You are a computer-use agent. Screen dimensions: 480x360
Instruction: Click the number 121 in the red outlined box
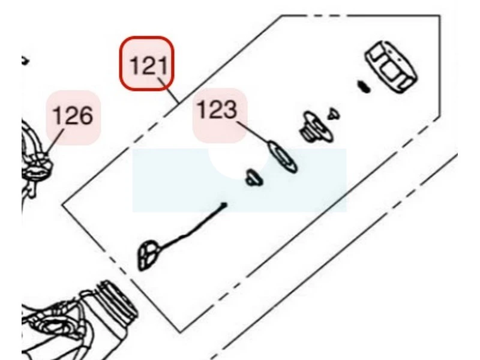[149, 65]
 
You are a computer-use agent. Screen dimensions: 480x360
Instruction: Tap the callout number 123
[217, 110]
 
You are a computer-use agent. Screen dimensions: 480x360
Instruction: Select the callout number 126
[73, 115]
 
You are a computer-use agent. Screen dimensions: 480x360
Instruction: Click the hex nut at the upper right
[391, 67]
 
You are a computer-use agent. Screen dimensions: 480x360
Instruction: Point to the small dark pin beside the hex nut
[364, 86]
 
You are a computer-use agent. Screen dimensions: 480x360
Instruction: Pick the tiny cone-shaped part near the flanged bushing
[334, 114]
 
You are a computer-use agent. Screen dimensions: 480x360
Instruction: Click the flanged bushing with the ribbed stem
[316, 127]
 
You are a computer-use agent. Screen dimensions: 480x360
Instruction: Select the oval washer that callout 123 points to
[282, 157]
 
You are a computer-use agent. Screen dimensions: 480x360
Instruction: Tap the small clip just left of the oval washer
[254, 178]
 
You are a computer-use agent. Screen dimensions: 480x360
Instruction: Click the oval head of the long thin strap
[148, 256]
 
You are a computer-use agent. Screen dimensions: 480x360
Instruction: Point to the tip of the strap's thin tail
[225, 204]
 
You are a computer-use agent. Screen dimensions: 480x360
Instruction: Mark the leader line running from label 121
[169, 91]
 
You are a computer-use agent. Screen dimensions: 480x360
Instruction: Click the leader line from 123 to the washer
[253, 132]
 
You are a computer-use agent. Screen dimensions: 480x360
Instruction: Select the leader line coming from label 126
[55, 142]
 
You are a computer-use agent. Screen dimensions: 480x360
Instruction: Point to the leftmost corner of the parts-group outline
[62, 205]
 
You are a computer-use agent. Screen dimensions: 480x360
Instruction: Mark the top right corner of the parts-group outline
[440, 16]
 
